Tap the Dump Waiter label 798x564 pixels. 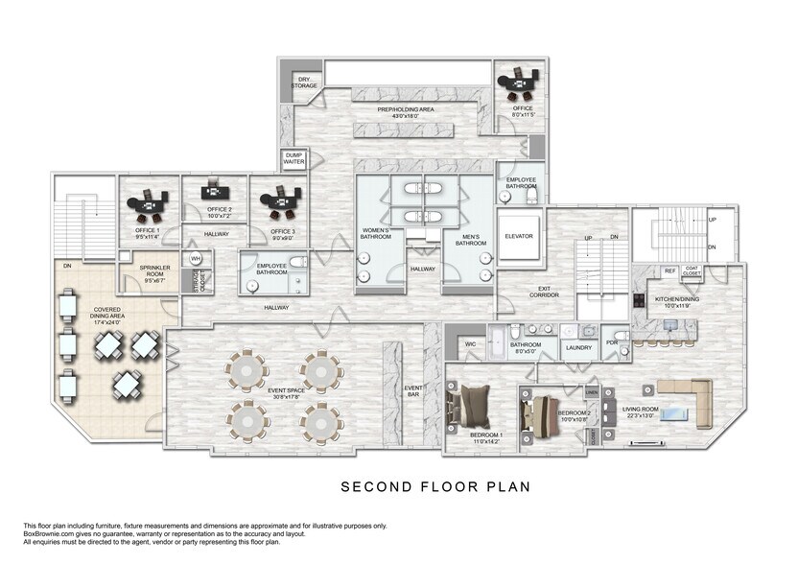[293, 160]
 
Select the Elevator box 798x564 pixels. [519, 236]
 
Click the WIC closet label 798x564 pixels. [471, 342]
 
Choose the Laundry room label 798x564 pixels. [578, 347]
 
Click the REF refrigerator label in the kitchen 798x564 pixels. [669, 271]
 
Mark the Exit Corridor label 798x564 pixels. [544, 291]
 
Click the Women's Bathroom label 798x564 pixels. [376, 233]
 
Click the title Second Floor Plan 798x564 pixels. [435, 487]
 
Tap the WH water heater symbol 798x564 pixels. [196, 259]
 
